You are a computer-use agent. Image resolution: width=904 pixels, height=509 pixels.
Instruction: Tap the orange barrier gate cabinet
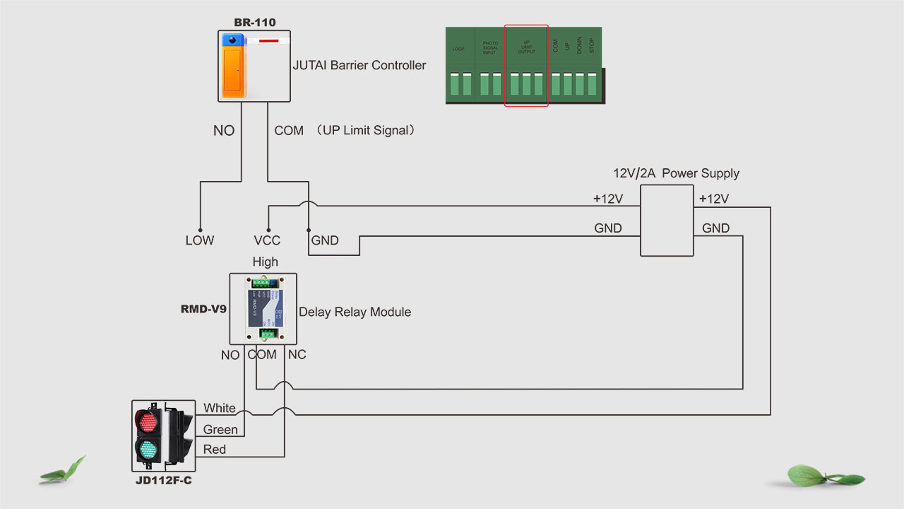click(x=233, y=69)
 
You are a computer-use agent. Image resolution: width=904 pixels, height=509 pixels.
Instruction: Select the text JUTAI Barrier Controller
click(x=359, y=65)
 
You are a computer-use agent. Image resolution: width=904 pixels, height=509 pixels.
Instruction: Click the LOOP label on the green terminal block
click(x=458, y=48)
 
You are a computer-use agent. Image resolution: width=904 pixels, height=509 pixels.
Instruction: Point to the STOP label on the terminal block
click(x=592, y=46)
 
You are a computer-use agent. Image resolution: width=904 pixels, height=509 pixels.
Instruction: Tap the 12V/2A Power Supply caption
click(x=676, y=173)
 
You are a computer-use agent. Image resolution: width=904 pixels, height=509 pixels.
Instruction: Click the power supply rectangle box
click(x=667, y=221)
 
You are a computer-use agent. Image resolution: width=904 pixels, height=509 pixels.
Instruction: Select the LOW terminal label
click(x=200, y=240)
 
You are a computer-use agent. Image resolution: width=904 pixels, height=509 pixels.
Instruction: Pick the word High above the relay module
click(x=265, y=262)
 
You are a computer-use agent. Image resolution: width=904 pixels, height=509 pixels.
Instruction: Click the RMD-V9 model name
click(x=203, y=309)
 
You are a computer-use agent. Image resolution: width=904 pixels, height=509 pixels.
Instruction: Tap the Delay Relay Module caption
click(x=355, y=312)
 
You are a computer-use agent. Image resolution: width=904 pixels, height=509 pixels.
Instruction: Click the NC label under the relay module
click(x=297, y=354)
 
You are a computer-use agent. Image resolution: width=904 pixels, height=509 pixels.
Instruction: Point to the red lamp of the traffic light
click(x=148, y=422)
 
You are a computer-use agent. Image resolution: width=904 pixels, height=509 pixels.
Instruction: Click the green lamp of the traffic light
click(x=148, y=449)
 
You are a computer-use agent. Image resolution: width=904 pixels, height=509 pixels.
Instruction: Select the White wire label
click(x=220, y=408)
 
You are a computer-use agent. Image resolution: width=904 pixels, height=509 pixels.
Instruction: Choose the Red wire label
click(x=215, y=449)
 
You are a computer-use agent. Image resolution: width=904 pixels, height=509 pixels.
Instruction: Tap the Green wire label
click(x=220, y=429)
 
